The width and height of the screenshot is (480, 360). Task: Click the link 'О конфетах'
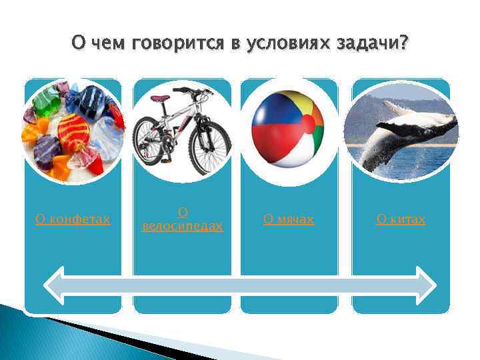coord(73,219)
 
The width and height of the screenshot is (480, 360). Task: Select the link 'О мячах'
coord(288,219)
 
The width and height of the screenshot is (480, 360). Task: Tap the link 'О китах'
coord(401,219)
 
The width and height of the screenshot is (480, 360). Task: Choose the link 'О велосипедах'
coord(182,220)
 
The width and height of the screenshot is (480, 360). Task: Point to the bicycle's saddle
coord(160,99)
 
